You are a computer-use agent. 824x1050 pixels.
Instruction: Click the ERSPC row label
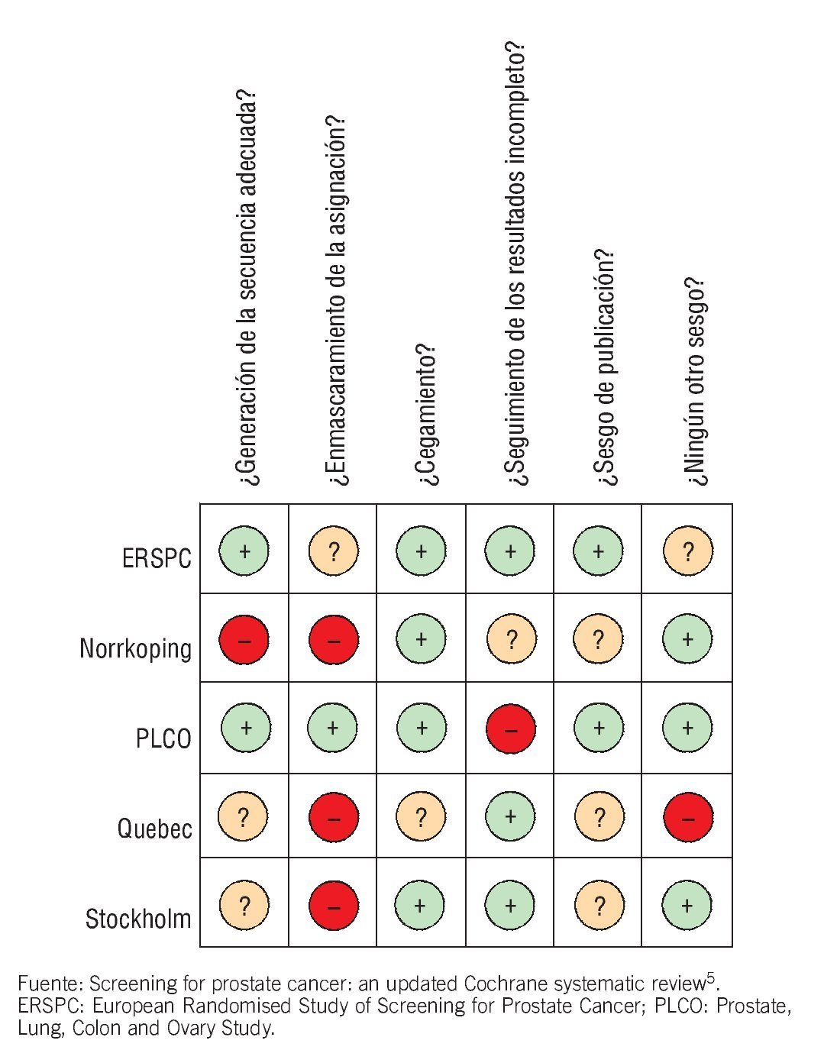[x=157, y=558]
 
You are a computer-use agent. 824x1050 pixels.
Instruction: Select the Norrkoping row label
[x=135, y=648]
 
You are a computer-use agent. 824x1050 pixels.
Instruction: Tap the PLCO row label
[x=163, y=738]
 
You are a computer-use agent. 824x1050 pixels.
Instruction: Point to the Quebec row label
[x=154, y=828]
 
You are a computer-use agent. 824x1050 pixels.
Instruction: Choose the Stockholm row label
[x=138, y=918]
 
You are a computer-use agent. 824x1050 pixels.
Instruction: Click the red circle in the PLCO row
[x=511, y=729]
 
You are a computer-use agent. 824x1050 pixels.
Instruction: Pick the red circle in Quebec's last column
[x=688, y=817]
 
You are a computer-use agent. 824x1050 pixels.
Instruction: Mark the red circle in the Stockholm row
[x=334, y=906]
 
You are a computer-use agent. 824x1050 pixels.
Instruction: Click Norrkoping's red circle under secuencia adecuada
[x=244, y=640]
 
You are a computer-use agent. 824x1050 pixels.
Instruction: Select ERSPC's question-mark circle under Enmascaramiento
[x=334, y=551]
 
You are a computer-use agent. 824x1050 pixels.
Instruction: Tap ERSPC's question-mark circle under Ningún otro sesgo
[x=688, y=551]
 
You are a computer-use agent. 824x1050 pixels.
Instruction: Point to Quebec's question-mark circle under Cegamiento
[x=421, y=817]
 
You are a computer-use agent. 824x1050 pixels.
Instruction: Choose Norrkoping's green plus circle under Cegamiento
[x=421, y=639]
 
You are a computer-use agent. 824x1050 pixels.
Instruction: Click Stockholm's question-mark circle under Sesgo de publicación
[x=599, y=906]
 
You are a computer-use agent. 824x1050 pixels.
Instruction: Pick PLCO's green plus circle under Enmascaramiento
[x=332, y=729]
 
